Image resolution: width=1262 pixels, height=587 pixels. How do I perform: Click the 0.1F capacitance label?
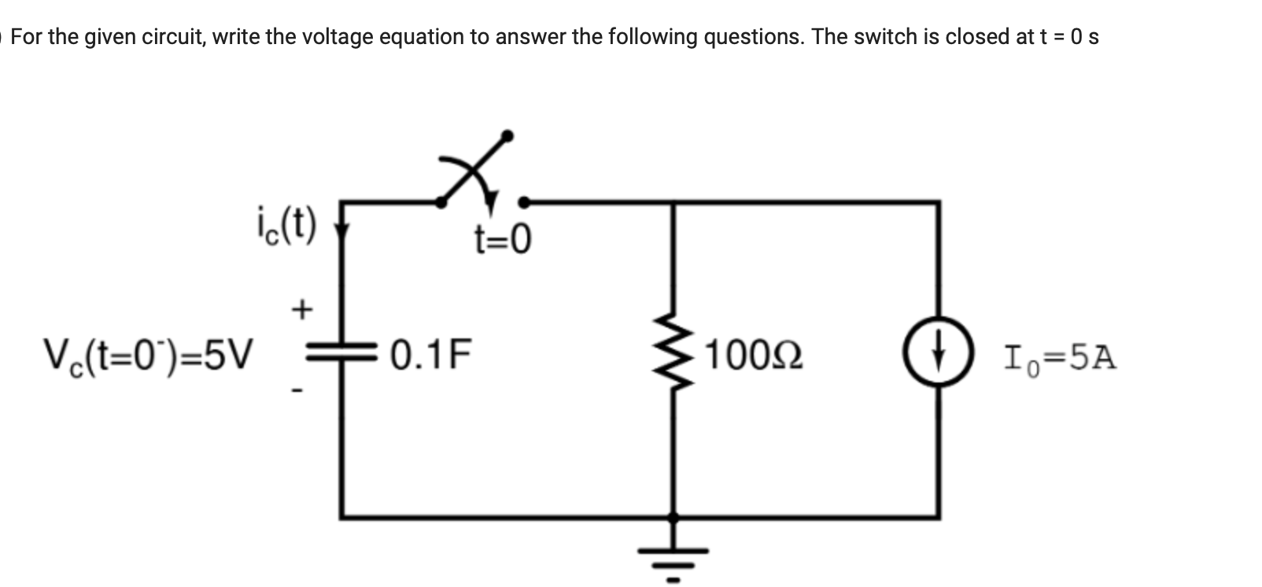[430, 355]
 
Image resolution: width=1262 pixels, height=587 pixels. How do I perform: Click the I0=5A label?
[1059, 357]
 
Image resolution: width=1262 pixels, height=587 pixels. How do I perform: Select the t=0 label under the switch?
[502, 239]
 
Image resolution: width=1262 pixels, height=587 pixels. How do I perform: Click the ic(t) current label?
[286, 225]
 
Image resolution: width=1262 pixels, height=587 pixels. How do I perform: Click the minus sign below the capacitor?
[297, 390]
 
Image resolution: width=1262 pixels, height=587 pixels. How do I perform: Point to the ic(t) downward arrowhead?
[341, 231]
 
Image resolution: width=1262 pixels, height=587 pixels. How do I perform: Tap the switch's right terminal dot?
[525, 203]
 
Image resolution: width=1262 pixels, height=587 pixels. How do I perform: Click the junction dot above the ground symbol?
[673, 517]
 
